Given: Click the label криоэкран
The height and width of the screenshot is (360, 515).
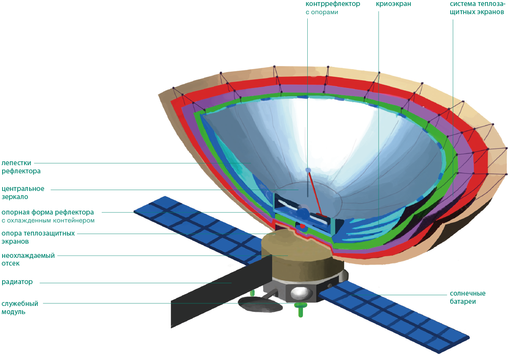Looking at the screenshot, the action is coord(394,4).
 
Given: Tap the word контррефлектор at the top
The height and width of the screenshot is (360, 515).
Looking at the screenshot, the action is coord(333,4).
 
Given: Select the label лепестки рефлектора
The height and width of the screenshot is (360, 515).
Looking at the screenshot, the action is coord(21,167).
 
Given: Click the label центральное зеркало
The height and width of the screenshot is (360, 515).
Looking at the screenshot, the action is coord(23,193).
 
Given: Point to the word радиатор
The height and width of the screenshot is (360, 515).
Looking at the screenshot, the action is coord(17,282).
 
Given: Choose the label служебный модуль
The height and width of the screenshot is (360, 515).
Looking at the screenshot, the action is coord(20,308).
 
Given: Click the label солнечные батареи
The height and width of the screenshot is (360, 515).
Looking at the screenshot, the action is coord(468,297).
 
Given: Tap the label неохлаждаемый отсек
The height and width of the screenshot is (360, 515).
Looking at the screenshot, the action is coord(28,259).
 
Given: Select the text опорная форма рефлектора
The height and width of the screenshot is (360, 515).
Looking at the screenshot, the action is coord(48,212).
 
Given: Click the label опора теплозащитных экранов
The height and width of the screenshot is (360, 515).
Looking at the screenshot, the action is coord(38,237).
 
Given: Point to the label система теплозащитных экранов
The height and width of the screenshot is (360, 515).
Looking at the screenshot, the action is coord(477,8).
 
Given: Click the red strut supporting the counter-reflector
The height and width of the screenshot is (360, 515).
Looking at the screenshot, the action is coord(315,193).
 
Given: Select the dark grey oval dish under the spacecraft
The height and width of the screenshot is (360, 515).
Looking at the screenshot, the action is coord(260,305).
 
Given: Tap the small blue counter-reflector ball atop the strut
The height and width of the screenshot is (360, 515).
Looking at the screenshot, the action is coord(308,170).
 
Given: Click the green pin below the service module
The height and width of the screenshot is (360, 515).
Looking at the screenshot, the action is coord(300,310).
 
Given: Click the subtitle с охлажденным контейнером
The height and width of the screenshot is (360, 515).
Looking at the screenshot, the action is coord(48,221).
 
